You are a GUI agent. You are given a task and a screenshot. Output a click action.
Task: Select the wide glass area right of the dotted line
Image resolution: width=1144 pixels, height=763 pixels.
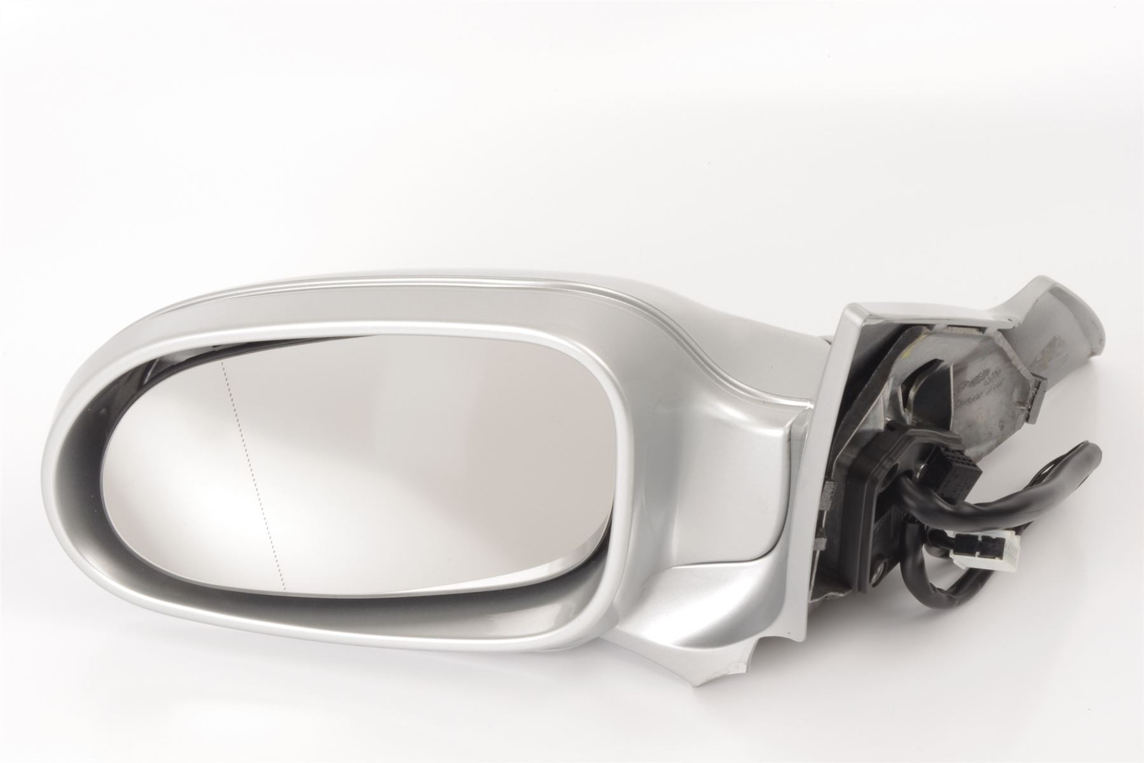[413, 464]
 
